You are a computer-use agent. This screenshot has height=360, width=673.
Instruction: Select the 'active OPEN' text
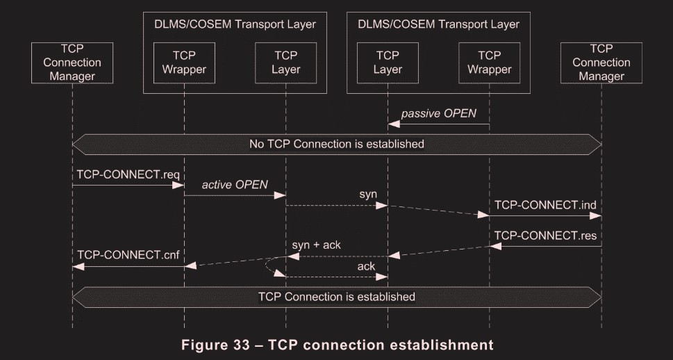pos(235,185)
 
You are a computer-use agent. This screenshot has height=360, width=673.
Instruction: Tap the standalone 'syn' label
pos(368,195)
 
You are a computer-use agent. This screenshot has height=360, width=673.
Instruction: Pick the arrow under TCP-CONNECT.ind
pos(546,215)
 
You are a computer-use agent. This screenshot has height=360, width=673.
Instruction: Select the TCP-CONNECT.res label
pos(546,236)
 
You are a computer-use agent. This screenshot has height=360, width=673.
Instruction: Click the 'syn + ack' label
pos(316,245)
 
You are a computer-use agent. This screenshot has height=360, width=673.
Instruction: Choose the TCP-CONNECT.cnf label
pos(128,255)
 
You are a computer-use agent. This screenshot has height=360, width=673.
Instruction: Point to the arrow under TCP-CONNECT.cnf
pos(128,265)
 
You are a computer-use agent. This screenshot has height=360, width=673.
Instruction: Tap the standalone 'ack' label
pos(366,266)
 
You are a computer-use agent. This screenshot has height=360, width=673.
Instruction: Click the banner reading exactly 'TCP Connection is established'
pos(337,297)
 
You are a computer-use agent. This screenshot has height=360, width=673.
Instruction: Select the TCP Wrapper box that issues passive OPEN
pos(490,63)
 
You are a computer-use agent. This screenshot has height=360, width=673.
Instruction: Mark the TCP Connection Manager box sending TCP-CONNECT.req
pos(72,63)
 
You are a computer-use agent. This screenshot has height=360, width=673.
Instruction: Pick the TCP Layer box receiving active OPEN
pos(286,63)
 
